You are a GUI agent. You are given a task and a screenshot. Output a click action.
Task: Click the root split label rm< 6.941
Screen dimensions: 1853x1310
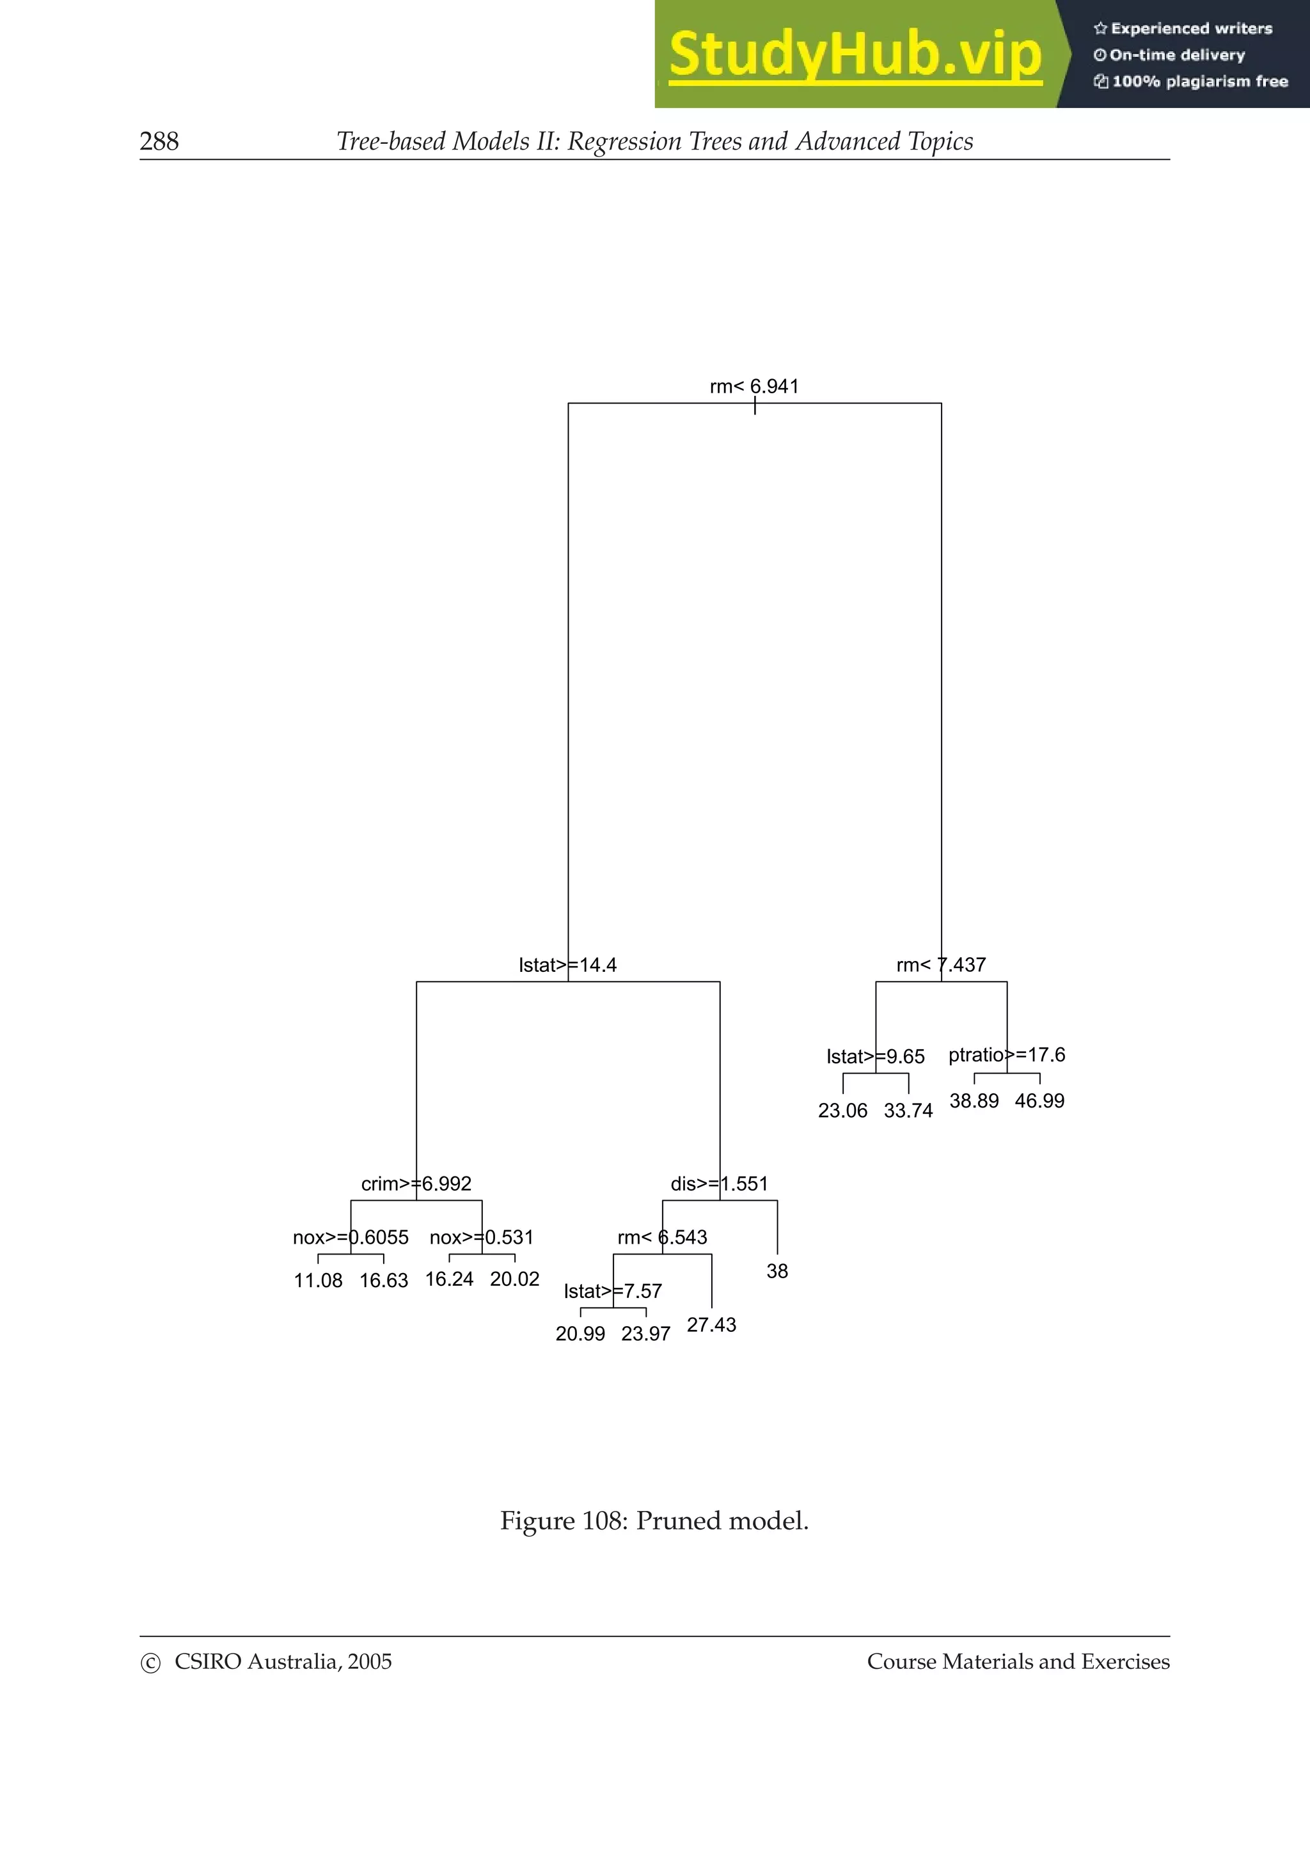point(754,387)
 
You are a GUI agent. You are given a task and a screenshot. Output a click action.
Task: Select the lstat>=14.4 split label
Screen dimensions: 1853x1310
point(567,966)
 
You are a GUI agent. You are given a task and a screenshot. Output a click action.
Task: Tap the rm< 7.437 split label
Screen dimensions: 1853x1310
point(941,966)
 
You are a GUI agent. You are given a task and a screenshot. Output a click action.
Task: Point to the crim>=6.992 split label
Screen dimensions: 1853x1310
point(416,1184)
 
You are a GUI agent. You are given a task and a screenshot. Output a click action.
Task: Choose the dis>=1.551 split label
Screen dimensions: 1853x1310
point(719,1184)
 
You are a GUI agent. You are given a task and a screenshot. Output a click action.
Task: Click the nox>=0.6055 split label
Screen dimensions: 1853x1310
point(351,1237)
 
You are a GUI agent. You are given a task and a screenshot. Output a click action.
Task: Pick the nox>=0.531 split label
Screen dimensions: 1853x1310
point(481,1237)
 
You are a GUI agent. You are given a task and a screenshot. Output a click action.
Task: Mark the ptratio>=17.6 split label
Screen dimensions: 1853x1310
point(1007,1055)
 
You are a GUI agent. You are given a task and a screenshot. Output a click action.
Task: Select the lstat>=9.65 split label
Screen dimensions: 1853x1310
point(875,1056)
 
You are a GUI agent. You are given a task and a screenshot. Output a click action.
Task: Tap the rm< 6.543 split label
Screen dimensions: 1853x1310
point(662,1237)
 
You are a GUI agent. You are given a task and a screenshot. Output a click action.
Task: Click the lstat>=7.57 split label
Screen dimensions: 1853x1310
point(613,1292)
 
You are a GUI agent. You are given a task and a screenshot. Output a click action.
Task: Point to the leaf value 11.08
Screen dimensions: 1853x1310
point(318,1281)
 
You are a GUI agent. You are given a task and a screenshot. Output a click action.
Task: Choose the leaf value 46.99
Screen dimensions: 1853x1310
point(1039,1101)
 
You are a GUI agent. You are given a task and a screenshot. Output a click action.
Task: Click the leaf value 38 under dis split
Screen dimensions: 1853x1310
point(777,1271)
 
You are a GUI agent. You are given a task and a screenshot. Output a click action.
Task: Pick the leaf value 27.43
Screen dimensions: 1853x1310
point(711,1325)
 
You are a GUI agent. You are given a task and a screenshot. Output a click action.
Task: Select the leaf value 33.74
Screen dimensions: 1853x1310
point(908,1111)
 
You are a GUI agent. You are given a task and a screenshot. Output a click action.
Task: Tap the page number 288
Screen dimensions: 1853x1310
point(159,141)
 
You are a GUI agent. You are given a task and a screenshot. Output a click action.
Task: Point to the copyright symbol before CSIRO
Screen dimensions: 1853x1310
point(151,1663)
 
